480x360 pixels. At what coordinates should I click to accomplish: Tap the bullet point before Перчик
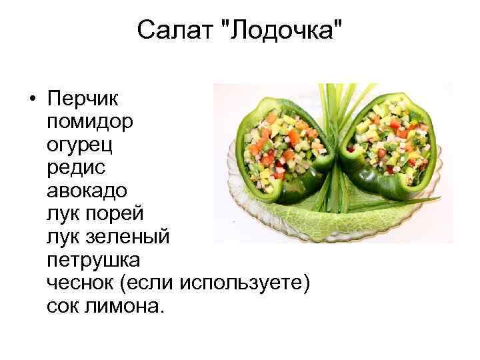tap(33, 100)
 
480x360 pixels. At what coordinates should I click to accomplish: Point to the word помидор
tap(89, 121)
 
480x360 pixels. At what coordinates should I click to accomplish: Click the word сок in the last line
tap(63, 306)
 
